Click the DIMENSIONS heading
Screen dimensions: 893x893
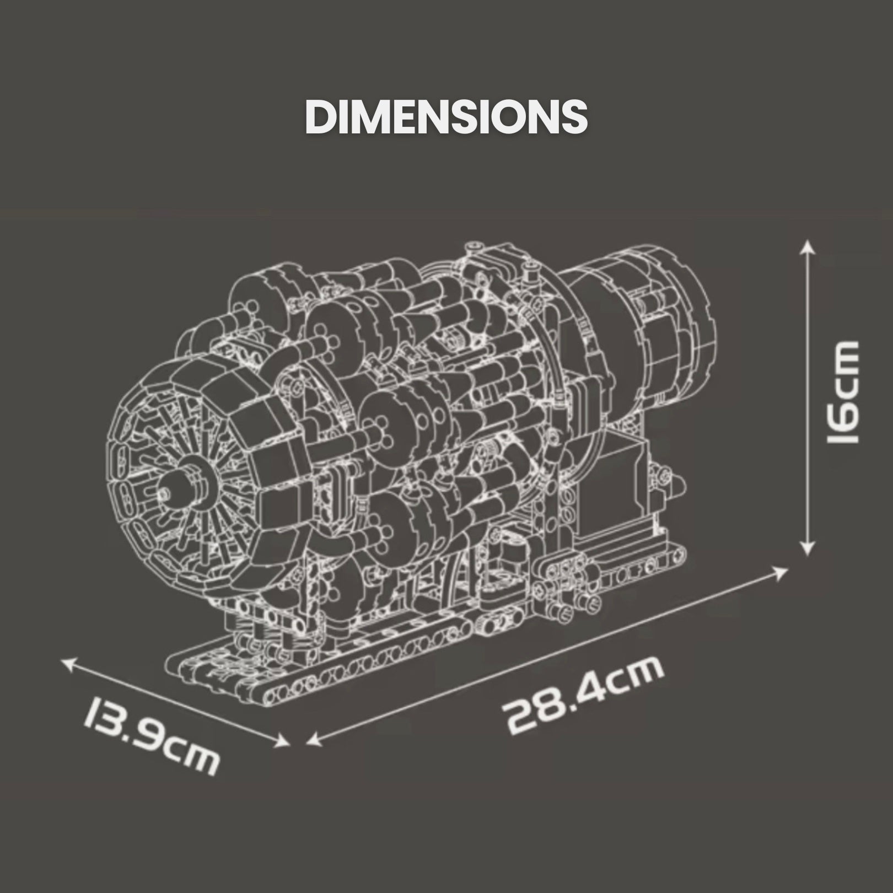click(x=446, y=117)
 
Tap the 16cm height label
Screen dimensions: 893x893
click(x=843, y=392)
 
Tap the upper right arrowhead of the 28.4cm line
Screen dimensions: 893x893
click(x=782, y=573)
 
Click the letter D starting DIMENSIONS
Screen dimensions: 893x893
click(x=318, y=117)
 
